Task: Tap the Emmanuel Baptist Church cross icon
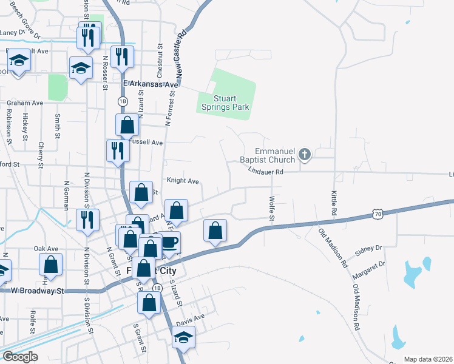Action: pos(305,156)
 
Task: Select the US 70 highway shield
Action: pos(378,214)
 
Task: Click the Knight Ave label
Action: pos(183,181)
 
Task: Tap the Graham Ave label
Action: pos(25,103)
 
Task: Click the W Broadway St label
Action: pos(38,291)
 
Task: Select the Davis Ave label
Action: pos(191,317)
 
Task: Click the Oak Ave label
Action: pos(46,249)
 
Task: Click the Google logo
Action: pos(20,357)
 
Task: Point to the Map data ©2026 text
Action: pos(427,359)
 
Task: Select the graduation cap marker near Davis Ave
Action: pos(183,337)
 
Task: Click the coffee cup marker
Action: pos(169,242)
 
